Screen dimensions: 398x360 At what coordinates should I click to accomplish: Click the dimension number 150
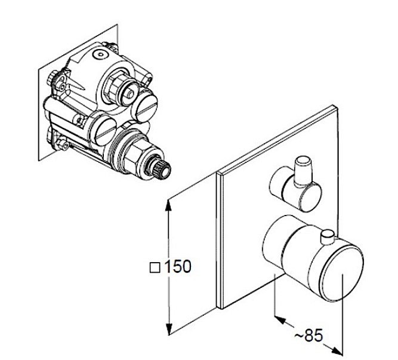(178, 266)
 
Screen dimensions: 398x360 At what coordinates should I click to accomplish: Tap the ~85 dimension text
(308, 335)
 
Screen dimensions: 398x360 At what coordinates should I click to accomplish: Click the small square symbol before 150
(155, 267)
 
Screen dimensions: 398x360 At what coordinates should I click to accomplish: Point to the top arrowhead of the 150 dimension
(168, 205)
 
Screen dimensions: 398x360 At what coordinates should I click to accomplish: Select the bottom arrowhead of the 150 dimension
(168, 330)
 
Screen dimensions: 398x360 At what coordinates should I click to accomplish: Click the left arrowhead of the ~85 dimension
(280, 319)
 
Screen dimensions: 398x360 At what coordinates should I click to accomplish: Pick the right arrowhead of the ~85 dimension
(337, 350)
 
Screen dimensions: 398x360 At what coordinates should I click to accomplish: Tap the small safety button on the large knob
(328, 236)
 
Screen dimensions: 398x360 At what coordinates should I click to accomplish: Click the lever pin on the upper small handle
(303, 171)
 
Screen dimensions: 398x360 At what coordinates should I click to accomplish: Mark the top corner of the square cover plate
(332, 105)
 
